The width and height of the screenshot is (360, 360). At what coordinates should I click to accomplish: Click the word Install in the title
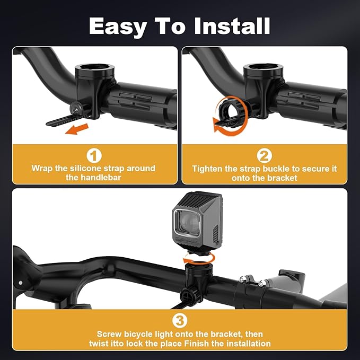[x=232, y=25]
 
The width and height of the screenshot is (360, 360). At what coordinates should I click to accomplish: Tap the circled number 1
[x=94, y=155]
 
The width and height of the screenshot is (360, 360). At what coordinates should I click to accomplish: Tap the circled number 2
[x=264, y=155]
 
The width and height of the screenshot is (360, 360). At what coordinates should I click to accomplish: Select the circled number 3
[x=180, y=321]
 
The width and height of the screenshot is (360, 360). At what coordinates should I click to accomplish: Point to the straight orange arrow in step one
[x=77, y=129]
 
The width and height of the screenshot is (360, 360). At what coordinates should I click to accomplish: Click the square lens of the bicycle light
[x=187, y=223]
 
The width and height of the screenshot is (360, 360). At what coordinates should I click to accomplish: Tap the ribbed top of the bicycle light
[x=200, y=199]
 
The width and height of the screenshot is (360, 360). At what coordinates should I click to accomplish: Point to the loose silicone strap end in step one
[x=62, y=120]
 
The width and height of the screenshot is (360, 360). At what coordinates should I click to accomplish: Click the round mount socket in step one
[x=94, y=69]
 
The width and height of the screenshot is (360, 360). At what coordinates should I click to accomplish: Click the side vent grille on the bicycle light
[x=215, y=234]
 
